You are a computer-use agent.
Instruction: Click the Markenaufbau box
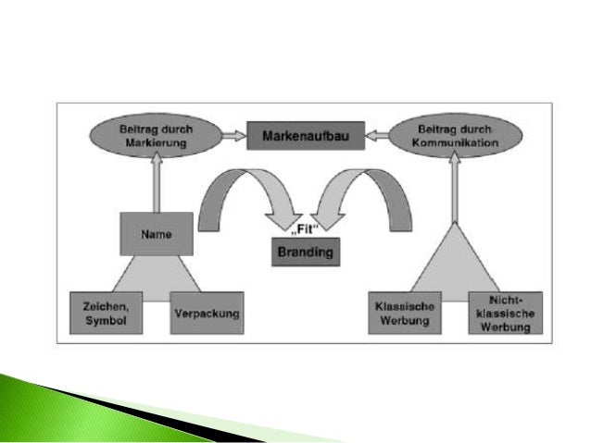pos(305,137)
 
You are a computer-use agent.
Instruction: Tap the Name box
pos(157,234)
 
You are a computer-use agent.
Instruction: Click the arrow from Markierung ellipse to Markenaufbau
pos(231,137)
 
